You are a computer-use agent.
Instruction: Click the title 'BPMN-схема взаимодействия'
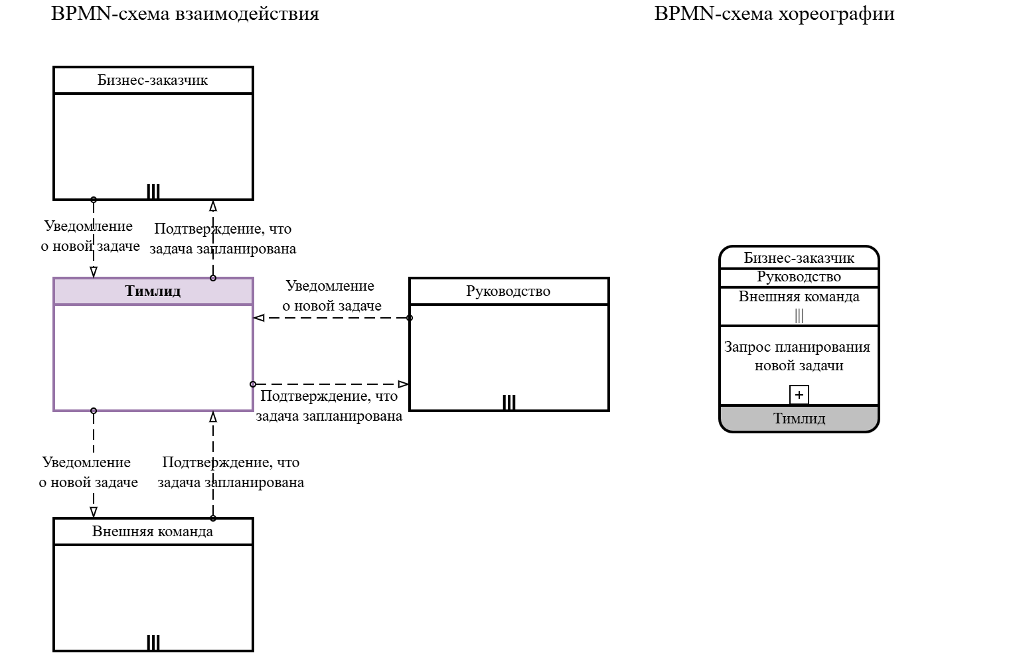tap(185, 14)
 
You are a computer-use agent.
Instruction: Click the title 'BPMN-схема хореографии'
tap(774, 14)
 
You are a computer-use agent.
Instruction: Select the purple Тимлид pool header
tap(153, 291)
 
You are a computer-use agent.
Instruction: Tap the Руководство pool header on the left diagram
tap(508, 291)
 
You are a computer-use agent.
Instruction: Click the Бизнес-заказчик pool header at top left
tap(153, 80)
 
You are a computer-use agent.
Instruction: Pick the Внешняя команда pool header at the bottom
tap(153, 532)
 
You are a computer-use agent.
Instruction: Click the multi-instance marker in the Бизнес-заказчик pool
tap(153, 191)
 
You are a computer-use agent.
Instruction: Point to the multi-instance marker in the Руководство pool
tap(509, 402)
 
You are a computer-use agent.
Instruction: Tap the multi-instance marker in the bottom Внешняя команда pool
tap(153, 642)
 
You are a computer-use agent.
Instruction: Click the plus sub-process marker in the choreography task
tap(799, 395)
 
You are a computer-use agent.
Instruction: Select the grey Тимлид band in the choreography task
tap(799, 419)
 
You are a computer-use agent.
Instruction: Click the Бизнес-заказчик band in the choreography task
tap(799, 257)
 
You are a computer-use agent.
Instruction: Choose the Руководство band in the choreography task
tap(799, 277)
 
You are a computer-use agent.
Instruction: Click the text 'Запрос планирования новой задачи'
tap(797, 356)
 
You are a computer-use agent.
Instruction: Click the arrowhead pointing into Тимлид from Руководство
tap(259, 318)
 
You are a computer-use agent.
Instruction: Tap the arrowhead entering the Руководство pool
tap(403, 384)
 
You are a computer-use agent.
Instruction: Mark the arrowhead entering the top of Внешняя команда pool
tap(94, 512)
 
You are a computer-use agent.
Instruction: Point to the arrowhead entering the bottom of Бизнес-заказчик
tap(213, 206)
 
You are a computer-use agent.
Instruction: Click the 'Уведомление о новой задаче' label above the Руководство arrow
tap(331, 296)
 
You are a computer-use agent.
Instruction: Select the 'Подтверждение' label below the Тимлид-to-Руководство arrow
tap(329, 406)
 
